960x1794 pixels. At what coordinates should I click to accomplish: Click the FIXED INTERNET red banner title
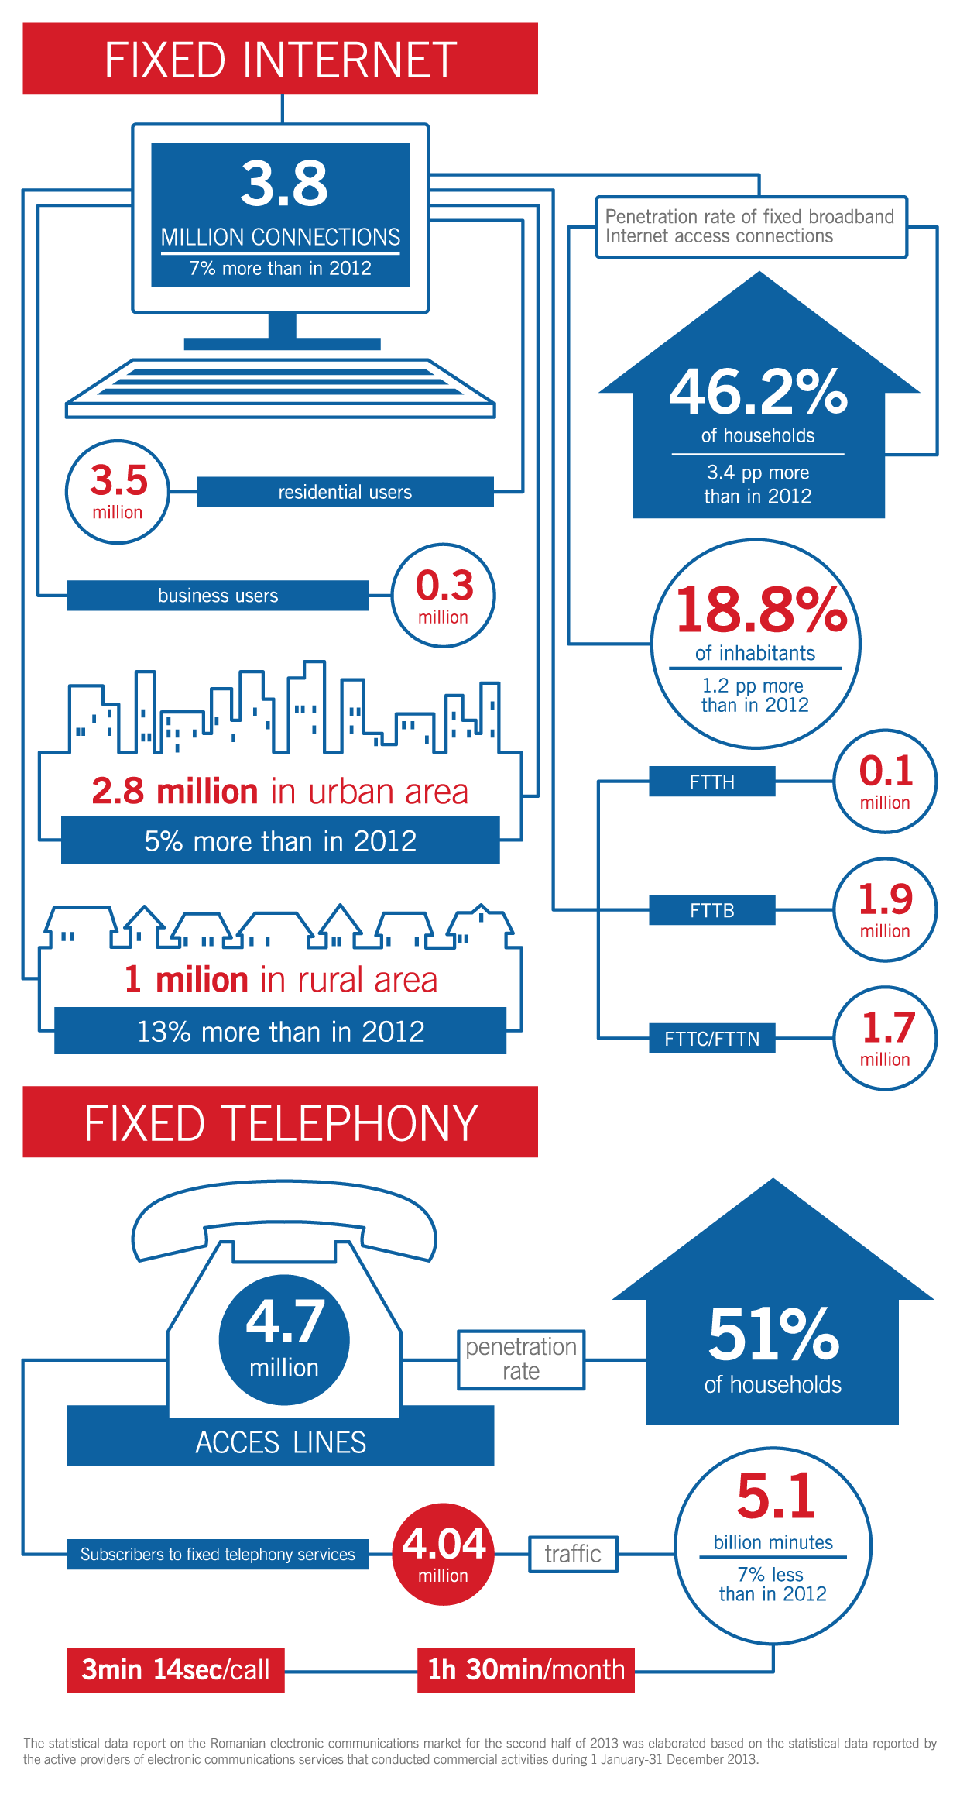click(x=280, y=59)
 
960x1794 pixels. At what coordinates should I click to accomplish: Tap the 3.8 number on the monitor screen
click(x=284, y=184)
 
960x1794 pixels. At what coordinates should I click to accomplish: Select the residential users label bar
click(x=345, y=492)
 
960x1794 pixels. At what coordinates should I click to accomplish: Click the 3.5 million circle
click(x=118, y=492)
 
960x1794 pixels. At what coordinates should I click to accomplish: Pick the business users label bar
click(x=218, y=596)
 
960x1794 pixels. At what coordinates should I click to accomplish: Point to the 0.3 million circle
click(x=444, y=596)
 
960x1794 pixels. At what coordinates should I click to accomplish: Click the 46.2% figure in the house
click(x=758, y=392)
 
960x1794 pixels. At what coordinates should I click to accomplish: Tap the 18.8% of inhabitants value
click(x=761, y=610)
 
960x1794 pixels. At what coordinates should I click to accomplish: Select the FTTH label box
click(x=711, y=782)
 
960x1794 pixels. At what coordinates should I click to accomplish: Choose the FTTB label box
click(x=711, y=910)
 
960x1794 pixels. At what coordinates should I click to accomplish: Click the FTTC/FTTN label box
click(x=711, y=1039)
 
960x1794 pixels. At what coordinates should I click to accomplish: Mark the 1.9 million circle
click(x=885, y=910)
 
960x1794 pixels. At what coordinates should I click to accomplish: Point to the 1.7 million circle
click(x=885, y=1039)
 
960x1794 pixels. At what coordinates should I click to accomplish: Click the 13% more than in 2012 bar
click(x=280, y=1031)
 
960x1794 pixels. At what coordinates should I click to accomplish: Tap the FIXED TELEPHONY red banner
click(x=280, y=1122)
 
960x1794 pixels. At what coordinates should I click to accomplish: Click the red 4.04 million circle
click(x=444, y=1554)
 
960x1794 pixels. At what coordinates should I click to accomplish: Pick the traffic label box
click(x=573, y=1554)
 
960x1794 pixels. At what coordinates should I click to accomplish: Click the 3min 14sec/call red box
click(x=176, y=1670)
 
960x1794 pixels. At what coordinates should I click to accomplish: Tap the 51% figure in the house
click(x=773, y=1334)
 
